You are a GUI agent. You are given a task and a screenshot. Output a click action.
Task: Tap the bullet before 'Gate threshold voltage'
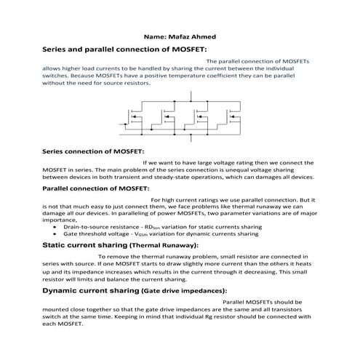point(55,235)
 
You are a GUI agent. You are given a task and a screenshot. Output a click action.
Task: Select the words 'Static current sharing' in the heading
point(81,247)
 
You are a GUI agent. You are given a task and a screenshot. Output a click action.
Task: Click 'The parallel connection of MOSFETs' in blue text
point(257,62)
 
